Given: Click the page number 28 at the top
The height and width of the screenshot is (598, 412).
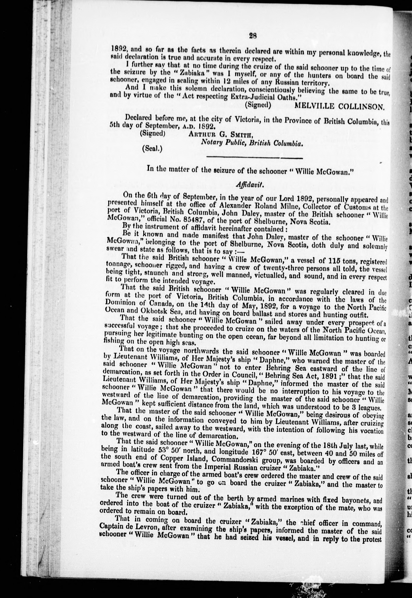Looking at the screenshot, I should (253, 35).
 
